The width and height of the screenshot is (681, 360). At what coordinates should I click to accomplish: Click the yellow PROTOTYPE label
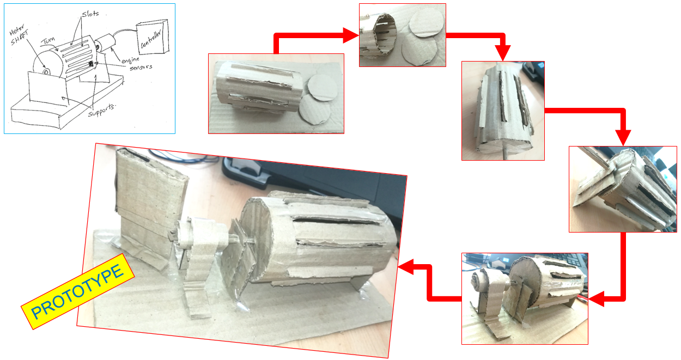[77, 291]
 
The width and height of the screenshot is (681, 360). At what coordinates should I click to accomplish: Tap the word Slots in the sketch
[90, 14]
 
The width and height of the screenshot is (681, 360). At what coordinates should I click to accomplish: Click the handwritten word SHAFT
[20, 38]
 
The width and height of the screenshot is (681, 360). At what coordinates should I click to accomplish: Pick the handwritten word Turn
[48, 40]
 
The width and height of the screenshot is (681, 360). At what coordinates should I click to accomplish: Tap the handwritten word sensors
[141, 67]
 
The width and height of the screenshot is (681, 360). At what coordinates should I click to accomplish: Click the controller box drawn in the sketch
[153, 36]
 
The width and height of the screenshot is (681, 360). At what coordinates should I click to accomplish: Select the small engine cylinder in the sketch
[104, 43]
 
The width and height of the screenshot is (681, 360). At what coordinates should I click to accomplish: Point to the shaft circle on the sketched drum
[46, 72]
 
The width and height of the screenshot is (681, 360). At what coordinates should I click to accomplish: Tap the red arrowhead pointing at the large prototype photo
[405, 267]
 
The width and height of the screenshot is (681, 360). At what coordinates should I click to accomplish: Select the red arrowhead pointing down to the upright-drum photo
[503, 53]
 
